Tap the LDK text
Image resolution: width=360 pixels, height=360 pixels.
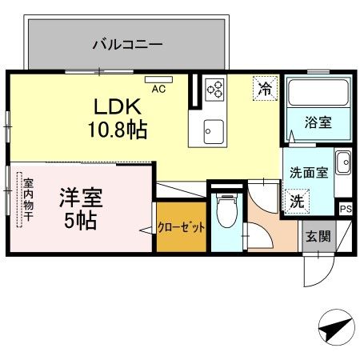coord(120,106)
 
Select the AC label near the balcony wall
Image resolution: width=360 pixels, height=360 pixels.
coord(158,89)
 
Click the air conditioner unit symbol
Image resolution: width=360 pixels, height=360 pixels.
coord(154,79)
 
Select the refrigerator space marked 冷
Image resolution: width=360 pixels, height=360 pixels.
coord(263,88)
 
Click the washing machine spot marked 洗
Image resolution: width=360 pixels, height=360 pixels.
coord(296,200)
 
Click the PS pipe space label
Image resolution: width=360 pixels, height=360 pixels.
coord(345,209)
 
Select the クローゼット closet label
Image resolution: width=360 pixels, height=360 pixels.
coord(182,227)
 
